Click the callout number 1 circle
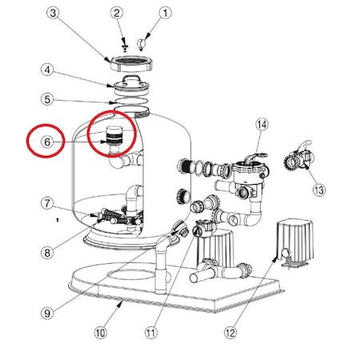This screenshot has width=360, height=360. [x=165, y=13]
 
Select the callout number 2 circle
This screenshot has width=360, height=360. [x=117, y=13]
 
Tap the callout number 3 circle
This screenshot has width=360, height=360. [x=53, y=13]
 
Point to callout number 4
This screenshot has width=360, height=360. [x=47, y=70]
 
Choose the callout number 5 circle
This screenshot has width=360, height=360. [x=47, y=99]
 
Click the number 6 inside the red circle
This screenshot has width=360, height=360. [x=47, y=142]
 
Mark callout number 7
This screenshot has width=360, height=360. [x=47, y=203]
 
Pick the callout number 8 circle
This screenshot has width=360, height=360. [x=47, y=252]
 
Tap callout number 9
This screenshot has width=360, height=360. [x=47, y=313]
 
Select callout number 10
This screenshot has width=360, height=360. [x=100, y=333]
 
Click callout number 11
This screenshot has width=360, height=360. [x=150, y=333]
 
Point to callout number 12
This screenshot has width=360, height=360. [x=230, y=333]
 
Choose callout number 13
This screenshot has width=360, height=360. [x=319, y=190]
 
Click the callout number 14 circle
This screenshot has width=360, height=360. [x=262, y=124]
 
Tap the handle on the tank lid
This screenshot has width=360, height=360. [x=131, y=78]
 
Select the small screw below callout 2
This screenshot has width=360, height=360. [x=124, y=48]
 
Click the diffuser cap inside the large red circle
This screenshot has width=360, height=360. [x=114, y=135]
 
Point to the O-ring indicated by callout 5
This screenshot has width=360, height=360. [x=129, y=102]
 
